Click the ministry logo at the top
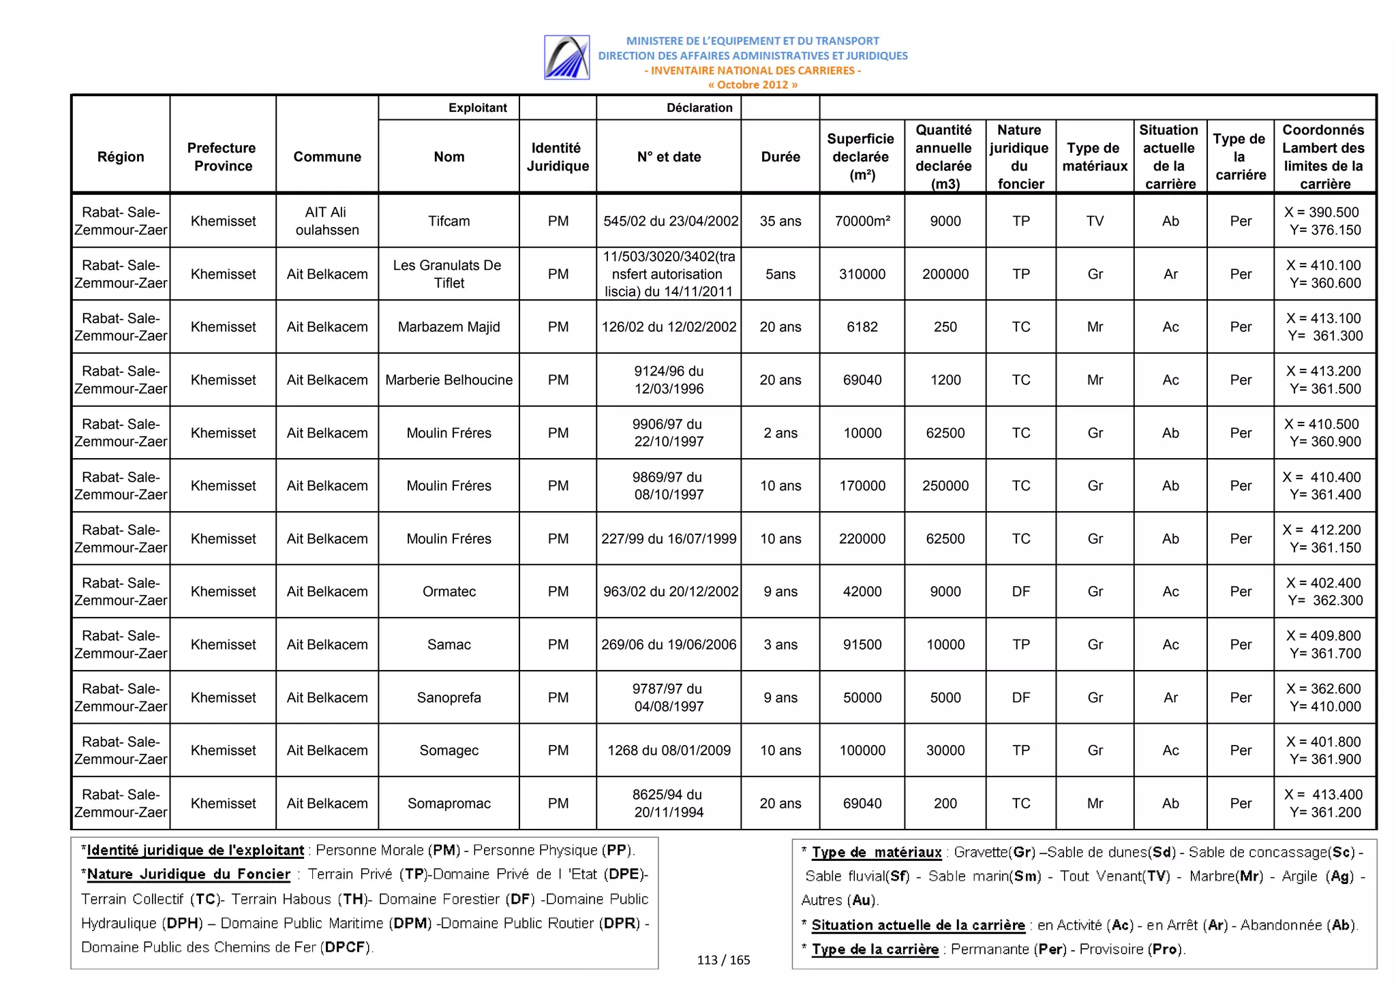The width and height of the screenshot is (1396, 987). (x=566, y=57)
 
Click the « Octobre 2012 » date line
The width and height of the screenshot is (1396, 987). (x=753, y=85)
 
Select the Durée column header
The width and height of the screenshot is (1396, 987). (x=780, y=157)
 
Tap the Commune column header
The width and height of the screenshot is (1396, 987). (x=327, y=157)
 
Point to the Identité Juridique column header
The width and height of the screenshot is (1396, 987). (x=557, y=157)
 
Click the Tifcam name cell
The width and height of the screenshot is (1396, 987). (x=449, y=221)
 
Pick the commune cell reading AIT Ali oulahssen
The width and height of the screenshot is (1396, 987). (x=327, y=221)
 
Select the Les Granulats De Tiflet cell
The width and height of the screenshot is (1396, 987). (x=449, y=274)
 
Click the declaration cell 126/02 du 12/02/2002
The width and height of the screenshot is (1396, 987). (x=669, y=327)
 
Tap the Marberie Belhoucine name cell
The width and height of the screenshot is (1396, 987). (x=449, y=380)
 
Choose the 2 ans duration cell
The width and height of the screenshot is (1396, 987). (x=780, y=433)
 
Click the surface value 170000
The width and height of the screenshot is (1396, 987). (x=862, y=485)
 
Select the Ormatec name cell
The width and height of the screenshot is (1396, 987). (x=449, y=591)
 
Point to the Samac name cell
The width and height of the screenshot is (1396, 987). (x=449, y=644)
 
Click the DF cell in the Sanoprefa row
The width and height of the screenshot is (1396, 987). (x=1020, y=697)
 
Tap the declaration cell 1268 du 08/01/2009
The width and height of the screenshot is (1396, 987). (x=669, y=750)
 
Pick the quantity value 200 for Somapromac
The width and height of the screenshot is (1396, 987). (x=945, y=803)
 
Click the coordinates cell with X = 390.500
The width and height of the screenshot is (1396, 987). (x=1324, y=221)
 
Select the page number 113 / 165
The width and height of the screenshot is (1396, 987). (x=723, y=960)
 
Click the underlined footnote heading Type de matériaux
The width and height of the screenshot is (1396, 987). (x=877, y=852)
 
